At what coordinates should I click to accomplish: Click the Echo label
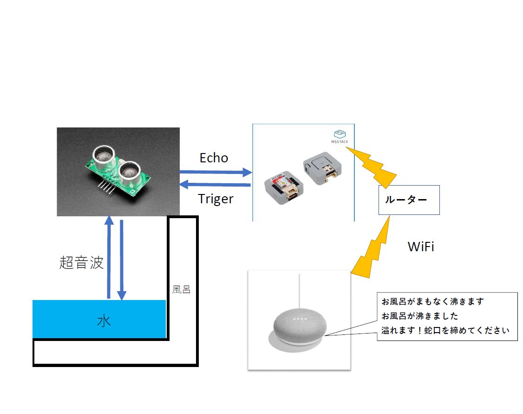click(214, 158)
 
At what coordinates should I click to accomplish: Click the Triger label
click(216, 199)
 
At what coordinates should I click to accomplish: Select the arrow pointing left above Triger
click(215, 185)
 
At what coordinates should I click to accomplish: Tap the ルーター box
click(409, 200)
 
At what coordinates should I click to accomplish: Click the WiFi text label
click(420, 247)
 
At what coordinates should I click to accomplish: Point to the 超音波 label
click(81, 262)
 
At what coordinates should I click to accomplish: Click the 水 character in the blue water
click(104, 321)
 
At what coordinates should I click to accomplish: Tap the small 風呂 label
click(181, 289)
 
